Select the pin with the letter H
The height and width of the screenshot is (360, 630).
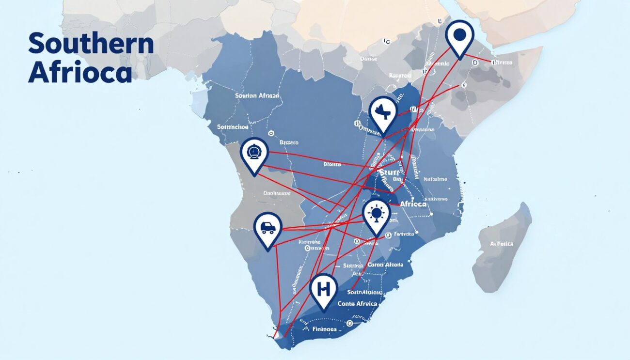pyautogui.click(x=323, y=290)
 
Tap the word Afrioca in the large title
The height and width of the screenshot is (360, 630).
pyautogui.click(x=80, y=73)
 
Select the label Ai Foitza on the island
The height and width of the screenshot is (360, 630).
pyautogui.click(x=502, y=244)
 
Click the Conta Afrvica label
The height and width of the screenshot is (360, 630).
pyautogui.click(x=357, y=303)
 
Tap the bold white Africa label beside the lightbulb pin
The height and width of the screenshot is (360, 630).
pyautogui.click(x=413, y=204)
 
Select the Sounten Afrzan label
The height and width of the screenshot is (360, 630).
pyautogui.click(x=257, y=96)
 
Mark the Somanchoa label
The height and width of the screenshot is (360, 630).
pyautogui.click(x=233, y=127)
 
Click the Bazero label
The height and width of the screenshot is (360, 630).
pyautogui.click(x=289, y=143)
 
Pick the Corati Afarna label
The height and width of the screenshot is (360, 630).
pyautogui.click(x=385, y=265)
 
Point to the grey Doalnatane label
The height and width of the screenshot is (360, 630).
pyautogui.click(x=276, y=193)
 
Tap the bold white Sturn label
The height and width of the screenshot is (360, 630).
pyautogui.click(x=389, y=172)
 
